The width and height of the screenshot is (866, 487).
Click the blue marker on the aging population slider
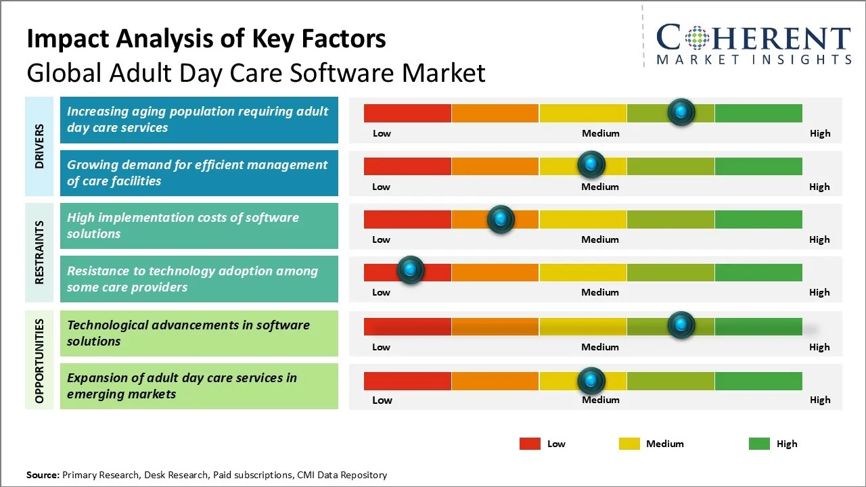tap(681, 112)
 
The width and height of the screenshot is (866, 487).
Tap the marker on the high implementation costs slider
tap(501, 219)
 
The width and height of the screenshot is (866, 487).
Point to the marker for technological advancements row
tap(681, 325)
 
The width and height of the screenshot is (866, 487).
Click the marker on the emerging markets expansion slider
tap(591, 381)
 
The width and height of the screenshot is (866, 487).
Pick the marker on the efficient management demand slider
tap(591, 164)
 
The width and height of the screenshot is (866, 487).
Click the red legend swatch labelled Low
tap(530, 444)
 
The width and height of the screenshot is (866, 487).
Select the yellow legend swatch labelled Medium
tap(629, 444)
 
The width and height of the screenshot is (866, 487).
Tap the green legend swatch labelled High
tap(759, 444)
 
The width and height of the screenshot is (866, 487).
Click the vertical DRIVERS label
tap(39, 146)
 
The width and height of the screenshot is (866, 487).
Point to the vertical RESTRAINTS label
tap(39, 252)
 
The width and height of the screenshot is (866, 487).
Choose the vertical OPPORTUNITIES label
tap(39, 361)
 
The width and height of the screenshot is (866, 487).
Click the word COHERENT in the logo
tap(753, 38)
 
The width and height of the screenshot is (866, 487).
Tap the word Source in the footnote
tap(42, 475)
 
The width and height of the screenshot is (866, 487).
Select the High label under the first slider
tap(819, 133)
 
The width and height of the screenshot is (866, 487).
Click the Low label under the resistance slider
tap(381, 292)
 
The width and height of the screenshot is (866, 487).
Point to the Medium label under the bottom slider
tap(600, 400)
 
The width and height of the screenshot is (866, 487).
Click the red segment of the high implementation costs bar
tap(407, 219)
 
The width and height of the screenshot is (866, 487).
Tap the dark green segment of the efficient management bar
tap(758, 166)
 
